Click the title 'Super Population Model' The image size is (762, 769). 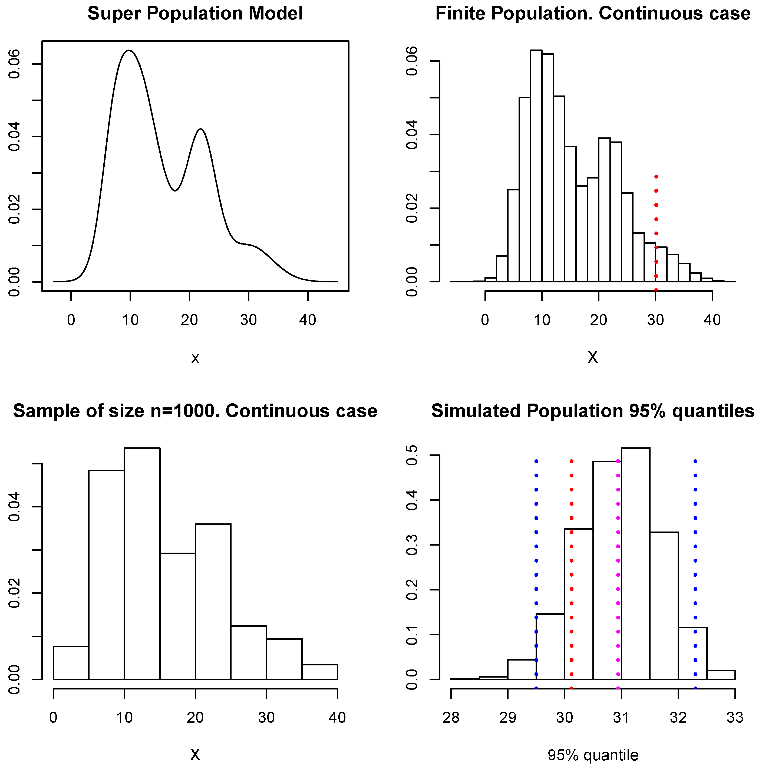coord(195,14)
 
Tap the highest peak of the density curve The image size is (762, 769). coord(129,51)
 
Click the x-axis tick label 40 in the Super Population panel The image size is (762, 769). coord(307,320)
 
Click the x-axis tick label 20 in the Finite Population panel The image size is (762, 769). coord(598,320)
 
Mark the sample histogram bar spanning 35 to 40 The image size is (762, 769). coord(320,672)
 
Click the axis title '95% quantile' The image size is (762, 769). coord(593,755)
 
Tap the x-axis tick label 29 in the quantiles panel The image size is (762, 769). coord(508,718)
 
